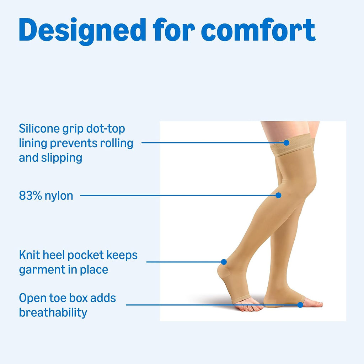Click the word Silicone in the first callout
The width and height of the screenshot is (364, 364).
39,128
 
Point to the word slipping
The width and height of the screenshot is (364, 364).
61,158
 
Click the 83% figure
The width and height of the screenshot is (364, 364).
31,196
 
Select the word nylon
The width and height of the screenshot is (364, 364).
59,196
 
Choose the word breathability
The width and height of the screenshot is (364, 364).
53,313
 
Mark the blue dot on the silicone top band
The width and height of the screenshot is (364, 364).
287,143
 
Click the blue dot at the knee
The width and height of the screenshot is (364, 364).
278,195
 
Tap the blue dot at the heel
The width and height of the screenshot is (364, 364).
224,262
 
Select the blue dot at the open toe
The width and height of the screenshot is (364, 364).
300,305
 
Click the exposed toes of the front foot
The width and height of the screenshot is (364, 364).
314,303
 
